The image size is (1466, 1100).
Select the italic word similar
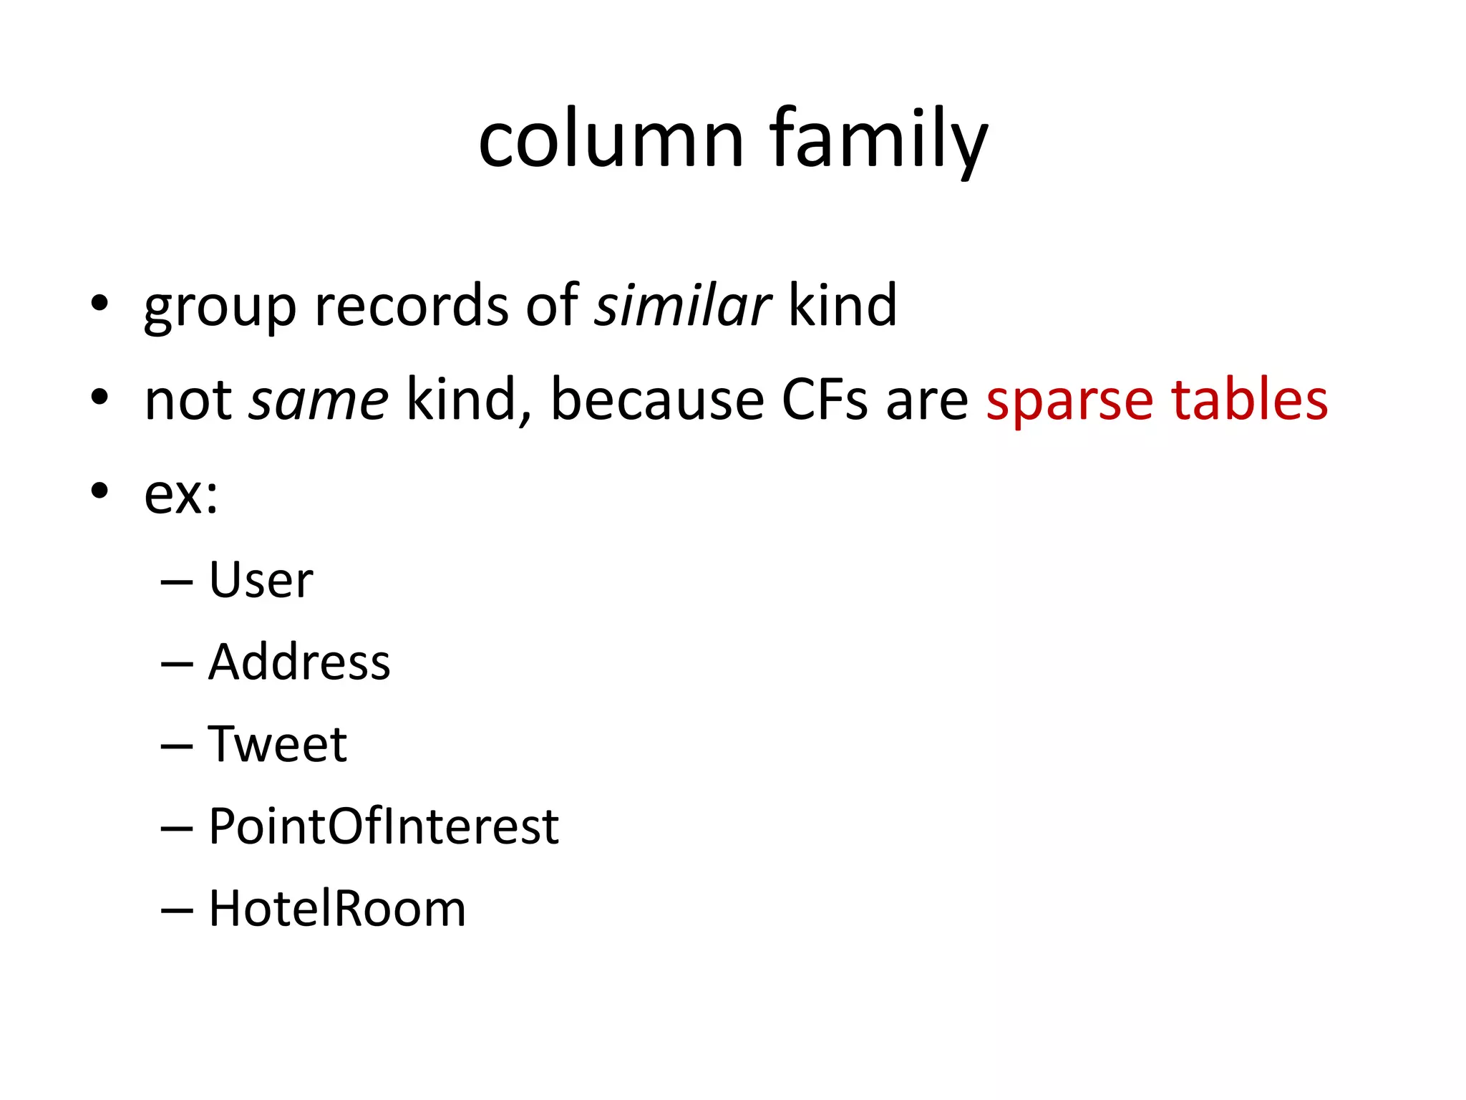click(682, 306)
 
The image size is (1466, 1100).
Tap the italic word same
click(319, 400)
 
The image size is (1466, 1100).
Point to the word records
click(412, 306)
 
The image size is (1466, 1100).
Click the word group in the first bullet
click(220, 308)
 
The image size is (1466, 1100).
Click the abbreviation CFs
click(825, 400)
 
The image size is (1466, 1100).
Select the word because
click(657, 400)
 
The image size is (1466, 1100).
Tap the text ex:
click(181, 494)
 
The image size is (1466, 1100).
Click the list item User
click(261, 579)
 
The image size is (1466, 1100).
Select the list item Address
click(299, 662)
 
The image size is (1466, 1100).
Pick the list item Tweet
click(277, 744)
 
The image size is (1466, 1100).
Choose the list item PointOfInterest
click(384, 826)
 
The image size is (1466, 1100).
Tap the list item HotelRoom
click(337, 909)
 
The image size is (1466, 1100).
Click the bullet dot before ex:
click(99, 491)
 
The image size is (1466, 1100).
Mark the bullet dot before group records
click(99, 304)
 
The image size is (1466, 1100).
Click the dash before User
click(177, 582)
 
